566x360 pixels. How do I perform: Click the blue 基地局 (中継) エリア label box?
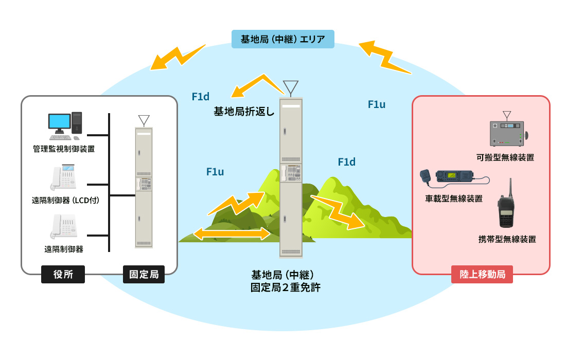pos(282,39)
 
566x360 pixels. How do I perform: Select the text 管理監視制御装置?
pos(64,149)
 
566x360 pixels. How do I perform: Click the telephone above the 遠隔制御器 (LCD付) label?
pos(64,178)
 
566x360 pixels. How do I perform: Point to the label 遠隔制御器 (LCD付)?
pos(65,200)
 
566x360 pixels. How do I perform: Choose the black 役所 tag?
pos(63,275)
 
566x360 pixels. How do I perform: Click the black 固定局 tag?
pos(144,275)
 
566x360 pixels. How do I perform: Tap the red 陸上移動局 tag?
pos(482,275)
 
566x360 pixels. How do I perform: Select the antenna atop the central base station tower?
pos(290,88)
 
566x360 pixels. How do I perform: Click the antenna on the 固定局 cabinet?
pos(144,121)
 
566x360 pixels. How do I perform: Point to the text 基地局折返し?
pos(244,111)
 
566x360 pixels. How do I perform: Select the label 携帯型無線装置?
pos(507,239)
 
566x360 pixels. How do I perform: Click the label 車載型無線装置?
pos(453,199)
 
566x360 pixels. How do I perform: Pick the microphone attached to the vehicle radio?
pos(426,176)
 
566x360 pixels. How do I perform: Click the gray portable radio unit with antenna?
pos(507,133)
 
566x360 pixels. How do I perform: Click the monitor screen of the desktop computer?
pos(59,121)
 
